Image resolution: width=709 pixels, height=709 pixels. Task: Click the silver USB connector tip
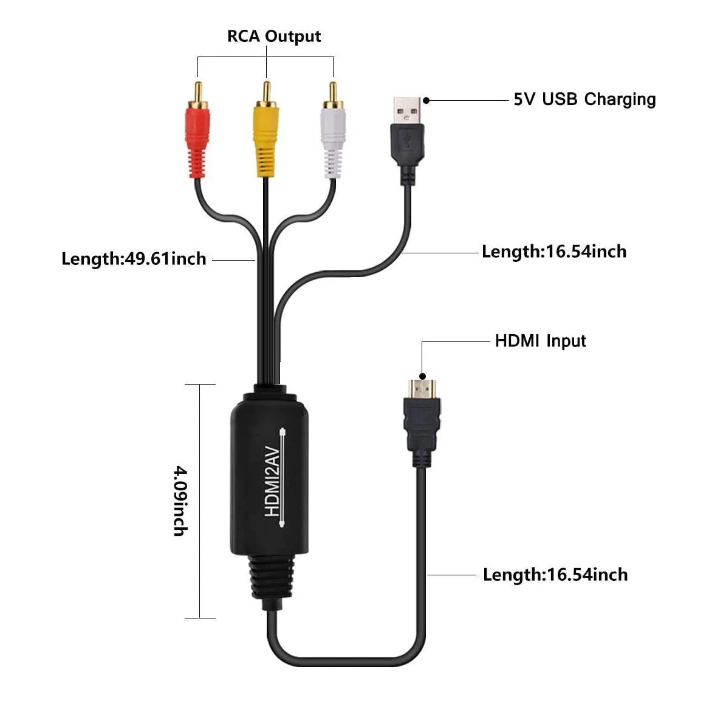(407, 109)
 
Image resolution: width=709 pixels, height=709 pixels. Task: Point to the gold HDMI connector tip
(422, 388)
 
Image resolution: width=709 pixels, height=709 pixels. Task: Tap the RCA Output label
(273, 36)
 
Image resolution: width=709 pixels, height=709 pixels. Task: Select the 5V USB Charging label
(584, 100)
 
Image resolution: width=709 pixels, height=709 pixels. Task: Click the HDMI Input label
(540, 341)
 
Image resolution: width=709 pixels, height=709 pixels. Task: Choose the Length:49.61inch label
(134, 259)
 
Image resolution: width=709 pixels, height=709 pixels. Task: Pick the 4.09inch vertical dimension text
(180, 501)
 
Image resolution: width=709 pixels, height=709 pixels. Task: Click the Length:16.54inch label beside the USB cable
(553, 252)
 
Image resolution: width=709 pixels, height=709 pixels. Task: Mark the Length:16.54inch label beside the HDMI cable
(555, 575)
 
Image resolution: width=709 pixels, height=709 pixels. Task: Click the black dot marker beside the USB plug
(426, 100)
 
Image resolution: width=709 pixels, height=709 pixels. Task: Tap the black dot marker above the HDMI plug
(422, 376)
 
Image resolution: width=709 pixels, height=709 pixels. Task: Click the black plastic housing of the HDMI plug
(422, 425)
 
